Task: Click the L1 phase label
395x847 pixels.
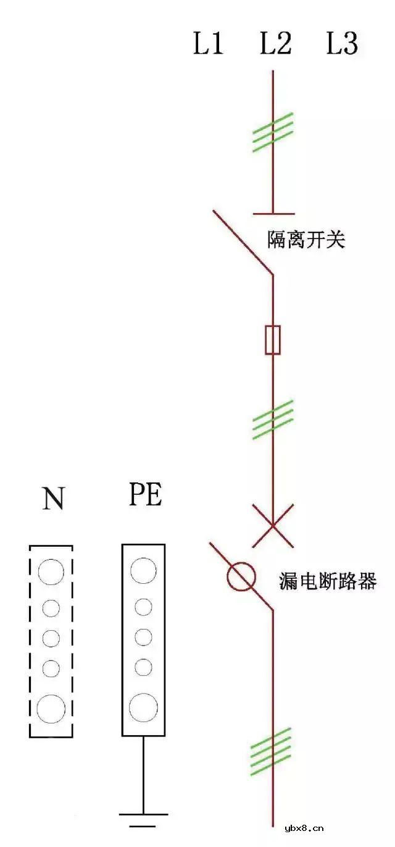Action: click(209, 44)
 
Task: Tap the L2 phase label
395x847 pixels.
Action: click(275, 44)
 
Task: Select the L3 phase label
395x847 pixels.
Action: click(342, 44)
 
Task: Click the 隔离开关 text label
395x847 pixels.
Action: click(306, 240)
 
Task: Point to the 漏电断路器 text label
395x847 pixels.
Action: click(328, 581)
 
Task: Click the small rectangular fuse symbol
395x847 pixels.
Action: click(273, 340)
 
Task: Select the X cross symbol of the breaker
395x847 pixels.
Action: click(273, 526)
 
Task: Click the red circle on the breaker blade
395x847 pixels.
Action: click(241, 576)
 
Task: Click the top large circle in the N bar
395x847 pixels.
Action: click(51, 571)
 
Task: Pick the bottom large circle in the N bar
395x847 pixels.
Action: click(51, 708)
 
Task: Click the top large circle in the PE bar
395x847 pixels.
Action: click(143, 570)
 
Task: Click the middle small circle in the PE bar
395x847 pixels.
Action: click(143, 636)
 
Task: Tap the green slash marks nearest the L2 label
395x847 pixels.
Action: click(273, 132)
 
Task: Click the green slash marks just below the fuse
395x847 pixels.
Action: click(273, 420)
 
